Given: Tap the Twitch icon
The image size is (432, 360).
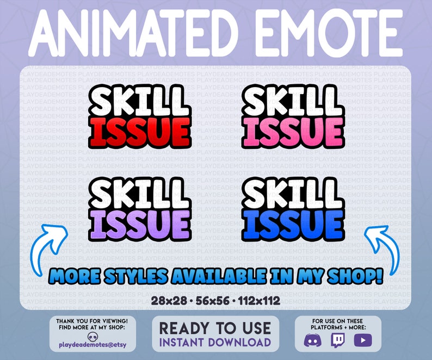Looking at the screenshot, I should [x=338, y=340].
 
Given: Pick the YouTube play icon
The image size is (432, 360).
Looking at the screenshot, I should [x=362, y=340].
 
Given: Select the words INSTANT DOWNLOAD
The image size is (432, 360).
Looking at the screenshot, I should [x=215, y=342].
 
